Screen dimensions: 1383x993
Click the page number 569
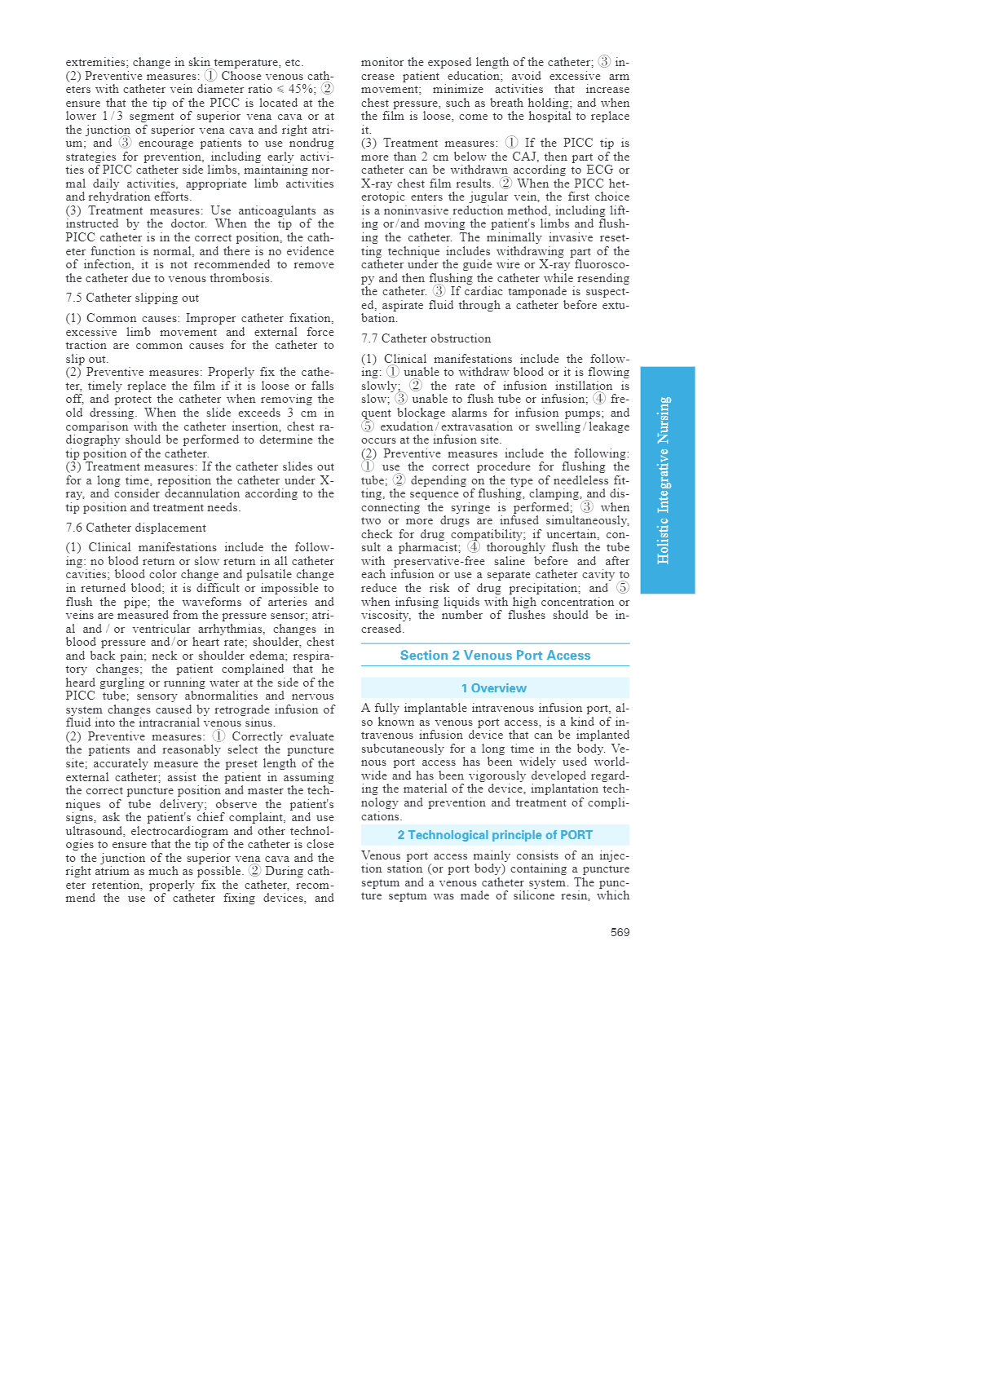[620, 932]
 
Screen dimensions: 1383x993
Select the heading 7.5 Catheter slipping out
[132, 298]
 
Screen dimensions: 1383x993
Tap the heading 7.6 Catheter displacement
[135, 528]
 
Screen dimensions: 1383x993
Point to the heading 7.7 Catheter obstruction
[426, 338]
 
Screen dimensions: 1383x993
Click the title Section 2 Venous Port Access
[495, 656]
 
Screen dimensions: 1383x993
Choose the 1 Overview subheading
[494, 688]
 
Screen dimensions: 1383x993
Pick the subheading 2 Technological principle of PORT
[495, 835]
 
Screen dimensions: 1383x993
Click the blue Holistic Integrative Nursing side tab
[667, 479]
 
